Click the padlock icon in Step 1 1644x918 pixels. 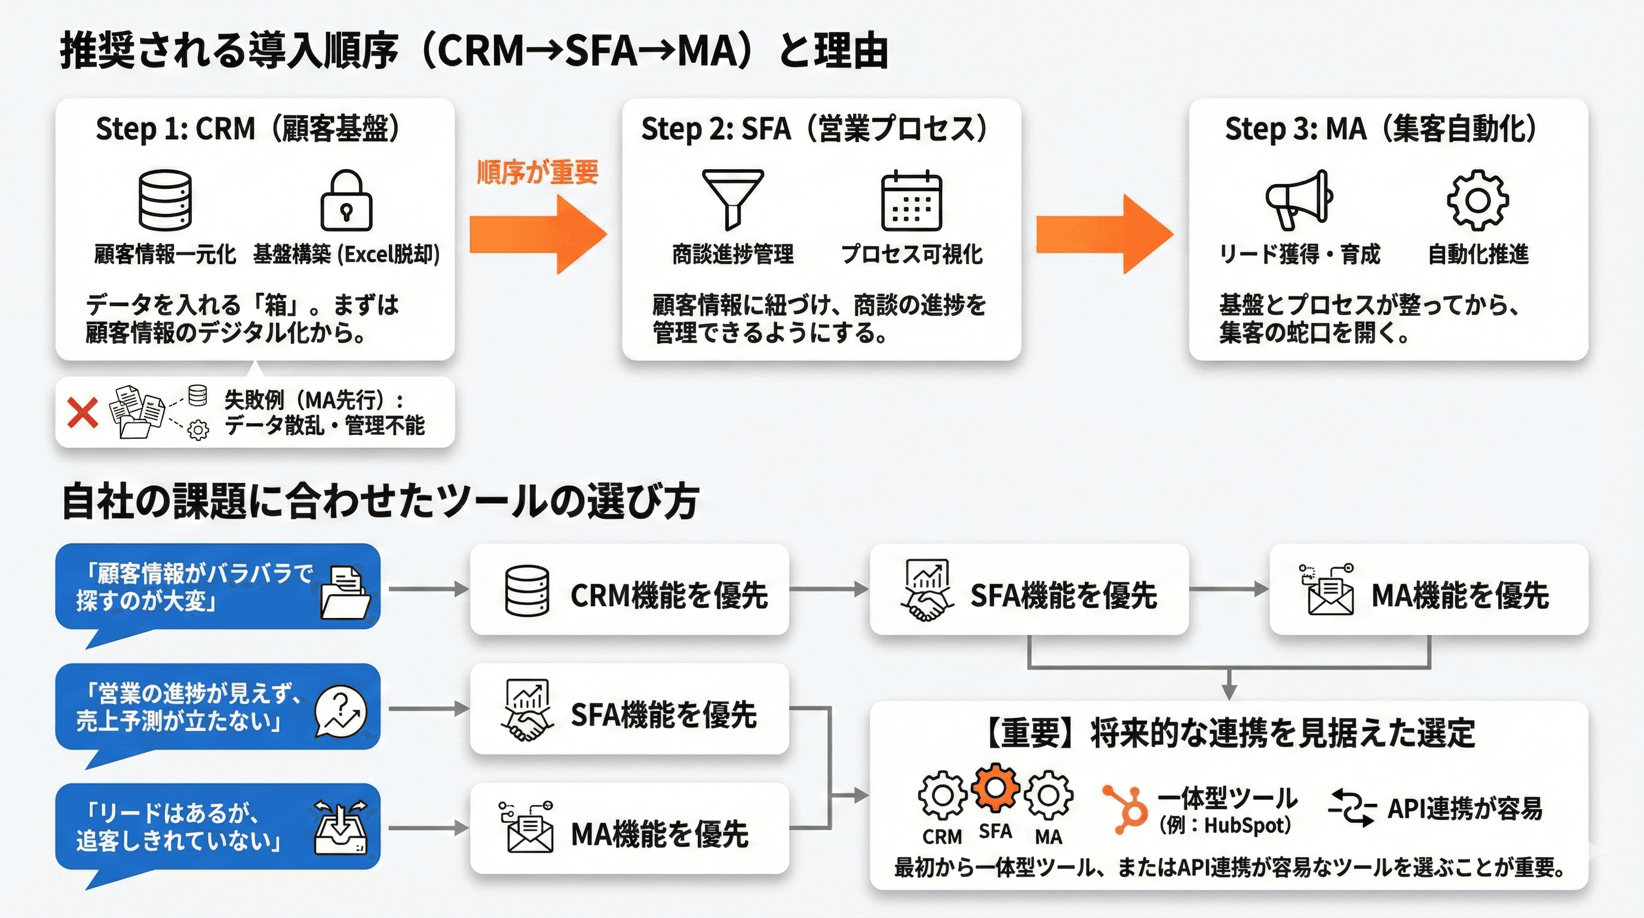[346, 200]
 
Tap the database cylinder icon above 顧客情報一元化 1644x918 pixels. [165, 200]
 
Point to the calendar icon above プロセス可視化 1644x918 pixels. [912, 200]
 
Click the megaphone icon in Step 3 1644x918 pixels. [1299, 199]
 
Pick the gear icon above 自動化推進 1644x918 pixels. [1477, 200]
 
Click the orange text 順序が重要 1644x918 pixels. [538, 172]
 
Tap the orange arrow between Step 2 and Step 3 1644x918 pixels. [1104, 234]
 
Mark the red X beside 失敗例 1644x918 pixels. [83, 412]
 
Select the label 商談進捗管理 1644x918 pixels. [732, 254]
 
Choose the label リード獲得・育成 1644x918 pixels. [1299, 254]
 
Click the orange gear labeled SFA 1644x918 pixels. [995, 788]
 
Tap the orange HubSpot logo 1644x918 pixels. [1124, 808]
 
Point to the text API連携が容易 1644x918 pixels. [1465, 809]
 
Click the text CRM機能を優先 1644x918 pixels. [669, 596]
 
